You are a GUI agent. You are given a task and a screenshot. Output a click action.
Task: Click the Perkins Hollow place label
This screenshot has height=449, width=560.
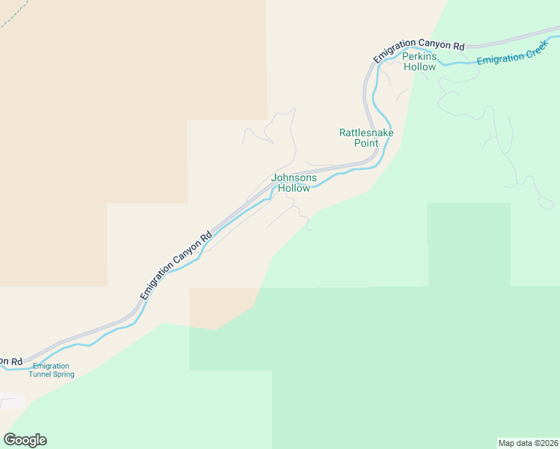(x=419, y=61)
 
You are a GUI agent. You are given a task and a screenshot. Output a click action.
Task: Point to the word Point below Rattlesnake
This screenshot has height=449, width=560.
(x=366, y=143)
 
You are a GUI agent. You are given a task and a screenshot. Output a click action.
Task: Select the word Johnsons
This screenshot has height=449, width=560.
(x=293, y=178)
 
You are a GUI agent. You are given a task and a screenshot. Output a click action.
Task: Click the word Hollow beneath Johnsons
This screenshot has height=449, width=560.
(x=293, y=189)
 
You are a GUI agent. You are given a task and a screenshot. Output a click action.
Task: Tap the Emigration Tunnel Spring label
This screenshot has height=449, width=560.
(x=52, y=370)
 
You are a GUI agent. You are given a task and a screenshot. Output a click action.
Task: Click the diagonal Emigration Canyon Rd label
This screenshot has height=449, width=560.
(x=177, y=264)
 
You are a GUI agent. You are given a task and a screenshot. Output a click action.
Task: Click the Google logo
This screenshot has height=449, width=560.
(x=25, y=440)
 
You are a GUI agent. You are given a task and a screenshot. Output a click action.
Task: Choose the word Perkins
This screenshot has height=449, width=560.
(x=419, y=56)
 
